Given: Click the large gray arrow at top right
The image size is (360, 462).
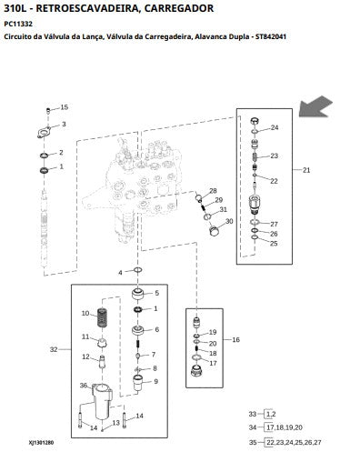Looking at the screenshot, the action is coord(315,107).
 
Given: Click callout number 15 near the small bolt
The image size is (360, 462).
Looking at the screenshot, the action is coord(65,107).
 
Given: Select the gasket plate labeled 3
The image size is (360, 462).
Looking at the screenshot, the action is coord(45,133).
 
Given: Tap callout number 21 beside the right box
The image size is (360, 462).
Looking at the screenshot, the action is coord(306,170).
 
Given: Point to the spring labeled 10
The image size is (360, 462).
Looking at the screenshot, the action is coord(103,317).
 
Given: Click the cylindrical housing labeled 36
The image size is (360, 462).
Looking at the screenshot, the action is coord(103,400).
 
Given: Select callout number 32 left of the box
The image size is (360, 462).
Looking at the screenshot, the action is coord(54,349).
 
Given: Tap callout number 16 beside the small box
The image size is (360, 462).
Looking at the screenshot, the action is coord(235,340).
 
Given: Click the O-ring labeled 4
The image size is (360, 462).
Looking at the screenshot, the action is coord(138,270).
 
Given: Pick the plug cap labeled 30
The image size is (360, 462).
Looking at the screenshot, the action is coord(215,230).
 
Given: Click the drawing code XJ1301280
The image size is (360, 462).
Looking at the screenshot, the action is coord(41,443).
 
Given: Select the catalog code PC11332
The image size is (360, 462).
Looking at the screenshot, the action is coord(18,24).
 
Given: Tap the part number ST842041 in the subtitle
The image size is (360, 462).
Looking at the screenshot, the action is coord(271,36).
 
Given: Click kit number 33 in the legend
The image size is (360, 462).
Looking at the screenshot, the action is coord(253,414).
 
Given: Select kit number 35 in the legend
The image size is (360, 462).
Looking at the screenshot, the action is coord(253,442).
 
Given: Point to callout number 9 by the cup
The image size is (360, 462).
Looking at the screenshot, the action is coord(156,381).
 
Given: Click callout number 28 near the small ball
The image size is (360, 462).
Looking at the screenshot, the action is coord(214,191).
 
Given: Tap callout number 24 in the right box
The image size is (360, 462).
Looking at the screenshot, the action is coord(275,127).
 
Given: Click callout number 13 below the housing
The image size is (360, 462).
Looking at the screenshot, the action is coord(116,423).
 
